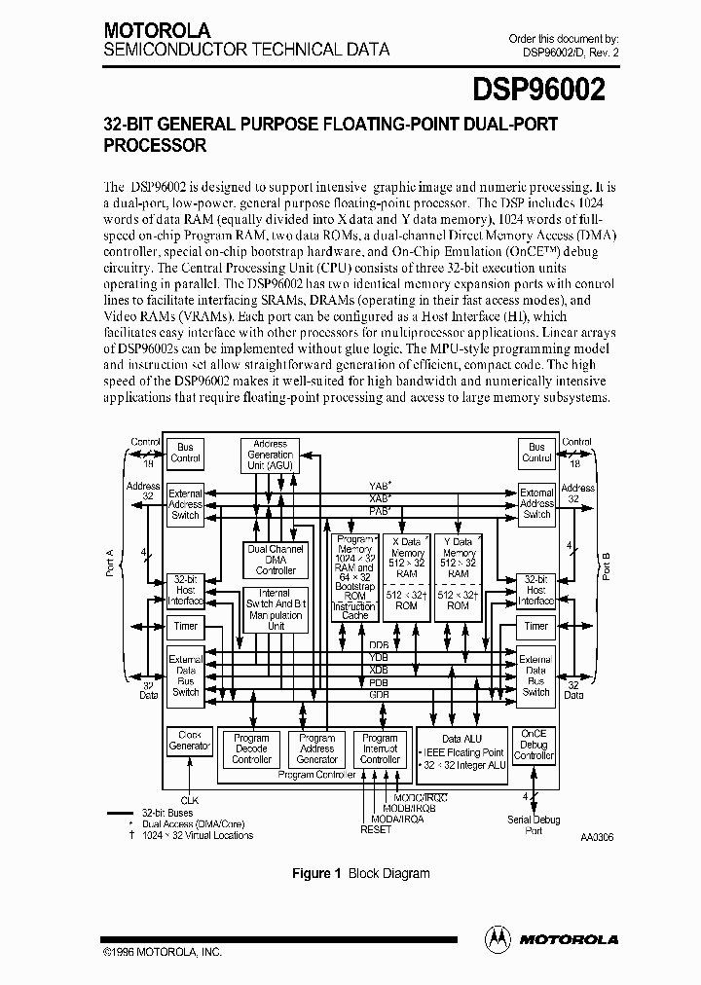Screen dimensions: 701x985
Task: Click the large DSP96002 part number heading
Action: tap(539, 91)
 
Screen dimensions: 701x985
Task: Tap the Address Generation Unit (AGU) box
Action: tap(270, 455)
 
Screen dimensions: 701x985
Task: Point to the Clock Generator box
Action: tap(189, 741)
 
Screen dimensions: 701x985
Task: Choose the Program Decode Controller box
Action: tap(251, 748)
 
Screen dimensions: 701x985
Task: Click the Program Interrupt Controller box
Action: tap(380, 748)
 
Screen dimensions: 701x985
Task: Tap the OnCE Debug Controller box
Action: tap(534, 745)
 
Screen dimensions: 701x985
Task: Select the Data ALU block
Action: tap(462, 752)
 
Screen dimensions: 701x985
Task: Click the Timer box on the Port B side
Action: tap(535, 626)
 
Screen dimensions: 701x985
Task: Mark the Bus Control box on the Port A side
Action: tap(185, 453)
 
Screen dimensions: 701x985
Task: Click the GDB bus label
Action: tap(379, 695)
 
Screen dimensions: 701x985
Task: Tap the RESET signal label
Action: tap(375, 829)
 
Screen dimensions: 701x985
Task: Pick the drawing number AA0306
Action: tap(599, 837)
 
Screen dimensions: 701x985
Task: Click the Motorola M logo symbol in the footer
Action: tap(497, 938)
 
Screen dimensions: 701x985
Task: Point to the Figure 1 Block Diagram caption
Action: tap(361, 873)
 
